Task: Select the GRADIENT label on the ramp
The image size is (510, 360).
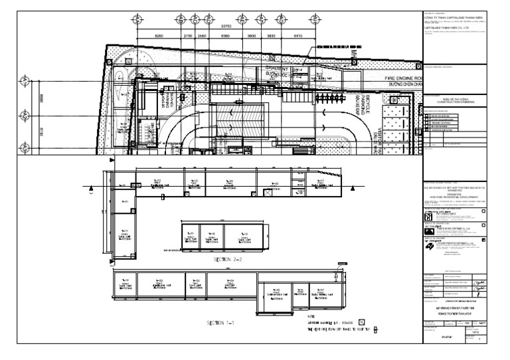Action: [276, 69]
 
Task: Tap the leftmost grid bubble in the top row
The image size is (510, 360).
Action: [137, 18]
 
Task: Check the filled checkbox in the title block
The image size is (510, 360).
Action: [483, 240]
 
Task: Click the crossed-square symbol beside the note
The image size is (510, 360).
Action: [376, 329]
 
